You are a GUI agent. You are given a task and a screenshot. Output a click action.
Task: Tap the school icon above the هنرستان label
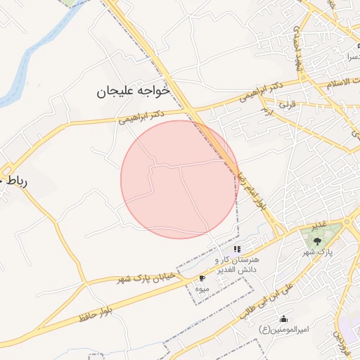click(x=237, y=248)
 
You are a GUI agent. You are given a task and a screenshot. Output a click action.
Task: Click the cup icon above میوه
click(x=202, y=278)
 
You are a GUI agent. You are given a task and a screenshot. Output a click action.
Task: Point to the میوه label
click(x=202, y=289)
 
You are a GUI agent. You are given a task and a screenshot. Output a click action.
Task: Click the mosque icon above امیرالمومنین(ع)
click(x=283, y=318)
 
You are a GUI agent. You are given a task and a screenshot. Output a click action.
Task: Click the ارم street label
click(x=266, y=111)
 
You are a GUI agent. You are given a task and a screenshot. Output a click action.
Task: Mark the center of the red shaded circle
click(x=179, y=179)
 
